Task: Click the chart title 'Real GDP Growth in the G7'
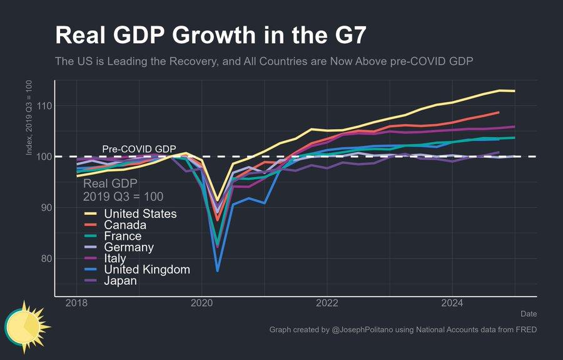click(210, 36)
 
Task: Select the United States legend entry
click(140, 214)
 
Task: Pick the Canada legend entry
click(125, 225)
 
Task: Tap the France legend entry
click(123, 237)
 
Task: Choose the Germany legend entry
click(129, 247)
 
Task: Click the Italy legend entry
click(115, 259)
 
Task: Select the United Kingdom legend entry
click(147, 270)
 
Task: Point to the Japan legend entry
click(121, 281)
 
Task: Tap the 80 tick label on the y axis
click(45, 258)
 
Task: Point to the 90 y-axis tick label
click(45, 207)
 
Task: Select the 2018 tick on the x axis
click(76, 304)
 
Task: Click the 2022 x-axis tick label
click(327, 304)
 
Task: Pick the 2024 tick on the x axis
click(452, 304)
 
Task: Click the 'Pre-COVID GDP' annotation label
click(139, 149)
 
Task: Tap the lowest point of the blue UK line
click(218, 270)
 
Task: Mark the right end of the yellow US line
click(514, 91)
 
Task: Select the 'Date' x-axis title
click(528, 314)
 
